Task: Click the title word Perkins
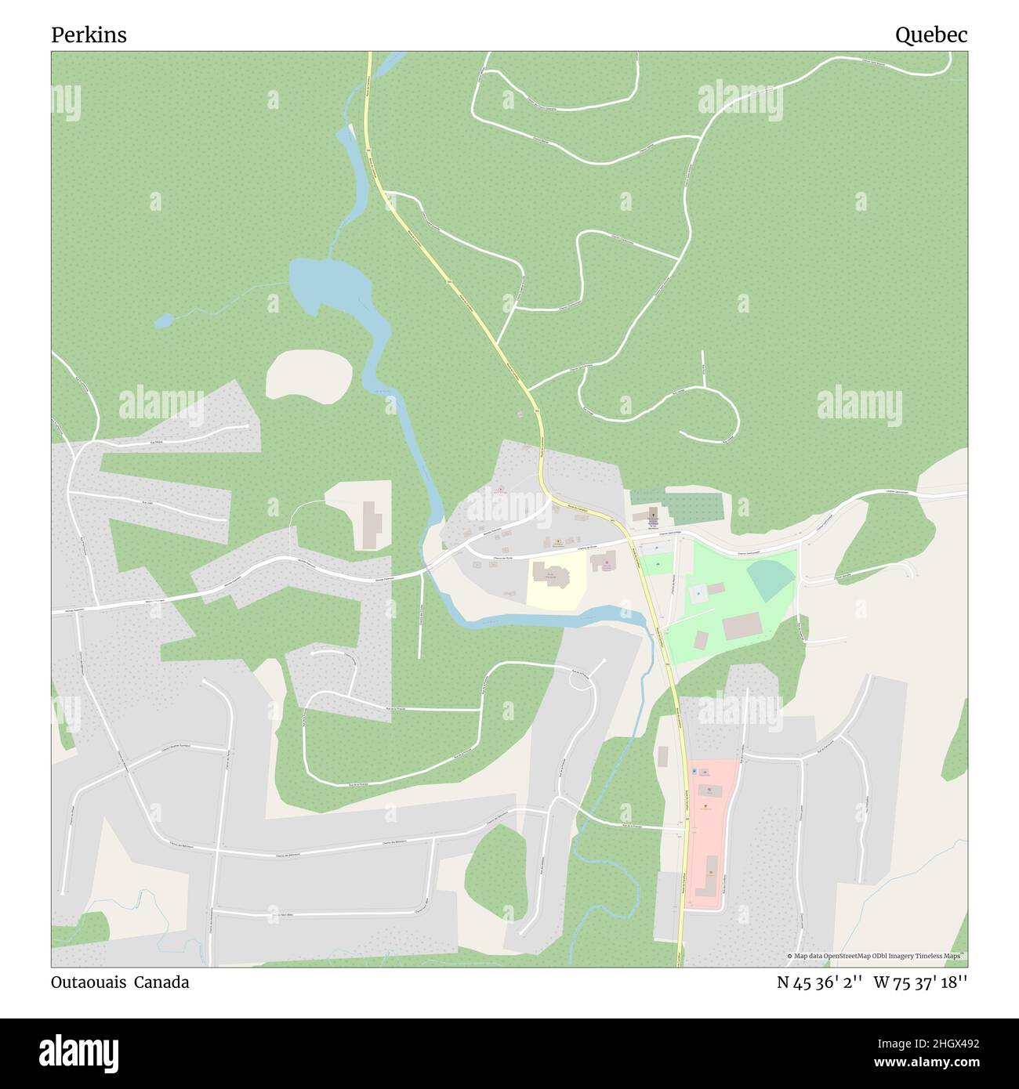(89, 35)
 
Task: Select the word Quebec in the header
(931, 35)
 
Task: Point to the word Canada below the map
(161, 982)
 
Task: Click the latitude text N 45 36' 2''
(820, 982)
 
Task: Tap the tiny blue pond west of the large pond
(164, 320)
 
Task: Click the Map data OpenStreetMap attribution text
(876, 957)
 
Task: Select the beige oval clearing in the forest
(309, 374)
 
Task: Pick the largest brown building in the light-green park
(742, 626)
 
